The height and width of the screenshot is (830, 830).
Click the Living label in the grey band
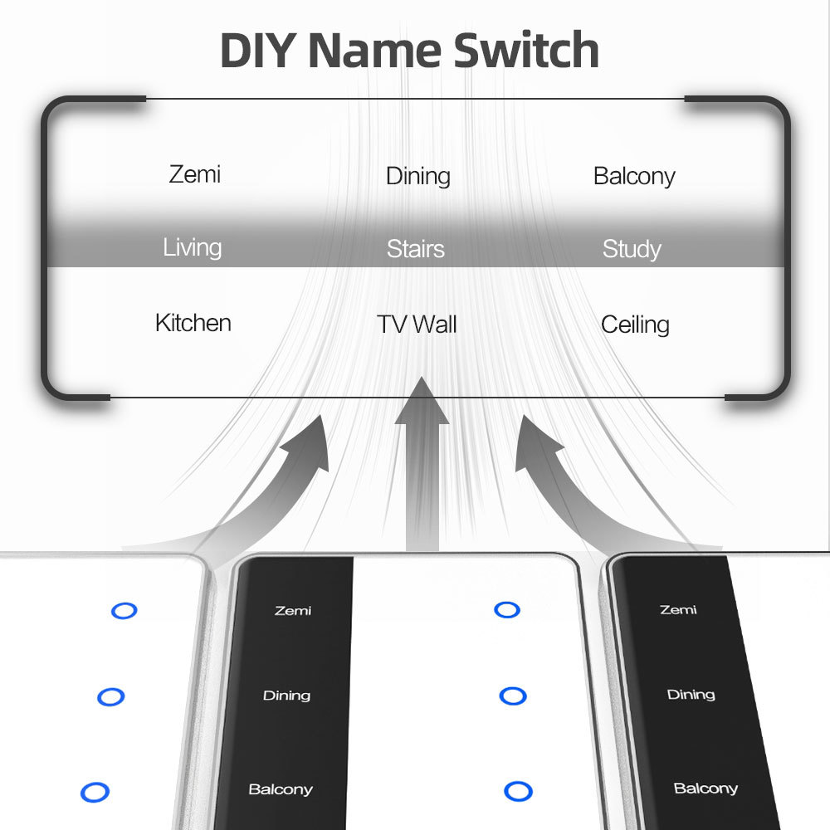(192, 247)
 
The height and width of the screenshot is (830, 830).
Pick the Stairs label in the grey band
(415, 249)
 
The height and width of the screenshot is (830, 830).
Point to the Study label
(632, 249)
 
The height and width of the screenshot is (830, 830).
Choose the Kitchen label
(193, 323)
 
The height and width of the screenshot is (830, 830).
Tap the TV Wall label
(417, 324)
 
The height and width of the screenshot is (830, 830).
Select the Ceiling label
(635, 325)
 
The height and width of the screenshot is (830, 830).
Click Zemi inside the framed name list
(195, 174)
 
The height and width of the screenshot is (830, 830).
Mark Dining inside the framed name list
(418, 176)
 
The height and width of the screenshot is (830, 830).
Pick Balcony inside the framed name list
(634, 176)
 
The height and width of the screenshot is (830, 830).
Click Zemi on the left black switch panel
(293, 611)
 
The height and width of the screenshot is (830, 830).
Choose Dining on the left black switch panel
(286, 696)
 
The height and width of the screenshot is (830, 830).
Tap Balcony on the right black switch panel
(705, 788)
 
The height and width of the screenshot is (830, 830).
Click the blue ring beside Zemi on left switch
(124, 611)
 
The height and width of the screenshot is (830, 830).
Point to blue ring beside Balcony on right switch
(518, 791)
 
